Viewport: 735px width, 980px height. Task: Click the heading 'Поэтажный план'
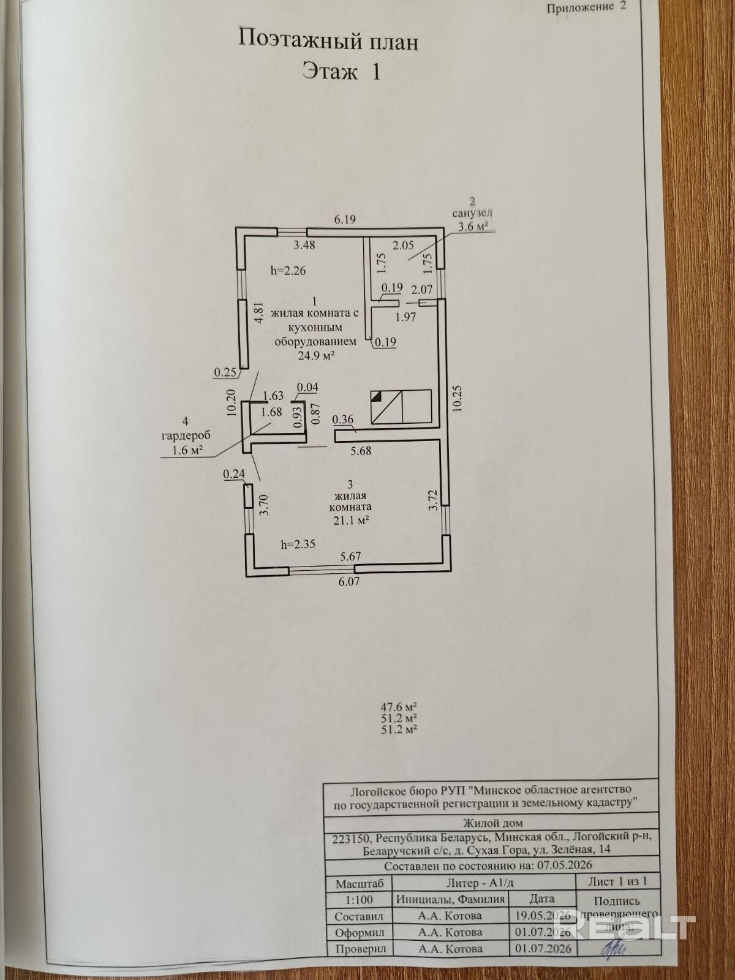328,41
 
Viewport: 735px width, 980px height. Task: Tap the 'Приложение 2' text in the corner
586,7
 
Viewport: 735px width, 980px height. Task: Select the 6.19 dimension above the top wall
345,219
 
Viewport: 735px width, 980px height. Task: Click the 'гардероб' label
186,435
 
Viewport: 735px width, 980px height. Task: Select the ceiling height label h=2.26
288,270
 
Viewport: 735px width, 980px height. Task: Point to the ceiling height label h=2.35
298,545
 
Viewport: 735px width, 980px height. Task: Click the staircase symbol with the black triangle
401,406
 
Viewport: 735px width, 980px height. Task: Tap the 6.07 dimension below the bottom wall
349,581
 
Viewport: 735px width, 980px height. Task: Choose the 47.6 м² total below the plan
399,707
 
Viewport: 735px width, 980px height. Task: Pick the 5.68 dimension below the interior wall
361,450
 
